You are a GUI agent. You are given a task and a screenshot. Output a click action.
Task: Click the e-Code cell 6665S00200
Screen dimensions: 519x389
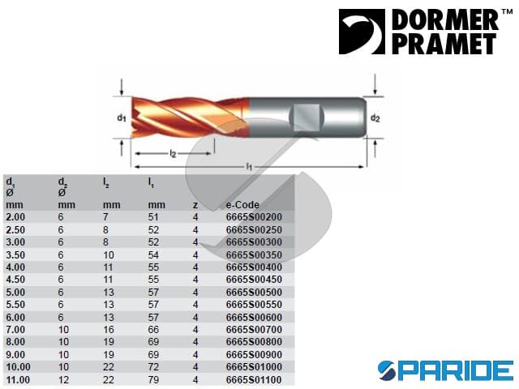pos(254,217)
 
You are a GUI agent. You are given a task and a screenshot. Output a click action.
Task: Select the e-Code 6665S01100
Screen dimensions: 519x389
pos(254,380)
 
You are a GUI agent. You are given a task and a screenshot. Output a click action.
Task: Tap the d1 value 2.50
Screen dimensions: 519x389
pos(15,230)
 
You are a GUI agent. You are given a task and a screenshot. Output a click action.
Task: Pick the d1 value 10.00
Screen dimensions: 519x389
pos(18,367)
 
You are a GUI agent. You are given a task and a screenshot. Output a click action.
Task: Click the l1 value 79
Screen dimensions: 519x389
pos(153,380)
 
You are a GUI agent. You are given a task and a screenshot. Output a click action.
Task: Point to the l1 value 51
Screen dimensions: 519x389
pos(153,217)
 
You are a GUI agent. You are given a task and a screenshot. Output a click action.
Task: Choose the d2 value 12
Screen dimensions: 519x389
pos(63,380)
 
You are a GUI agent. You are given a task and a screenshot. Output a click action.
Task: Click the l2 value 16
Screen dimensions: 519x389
pos(109,330)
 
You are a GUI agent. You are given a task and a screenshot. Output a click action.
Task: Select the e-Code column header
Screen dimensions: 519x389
pos(242,205)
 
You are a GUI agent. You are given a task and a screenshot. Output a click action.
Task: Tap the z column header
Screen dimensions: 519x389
pos(195,205)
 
